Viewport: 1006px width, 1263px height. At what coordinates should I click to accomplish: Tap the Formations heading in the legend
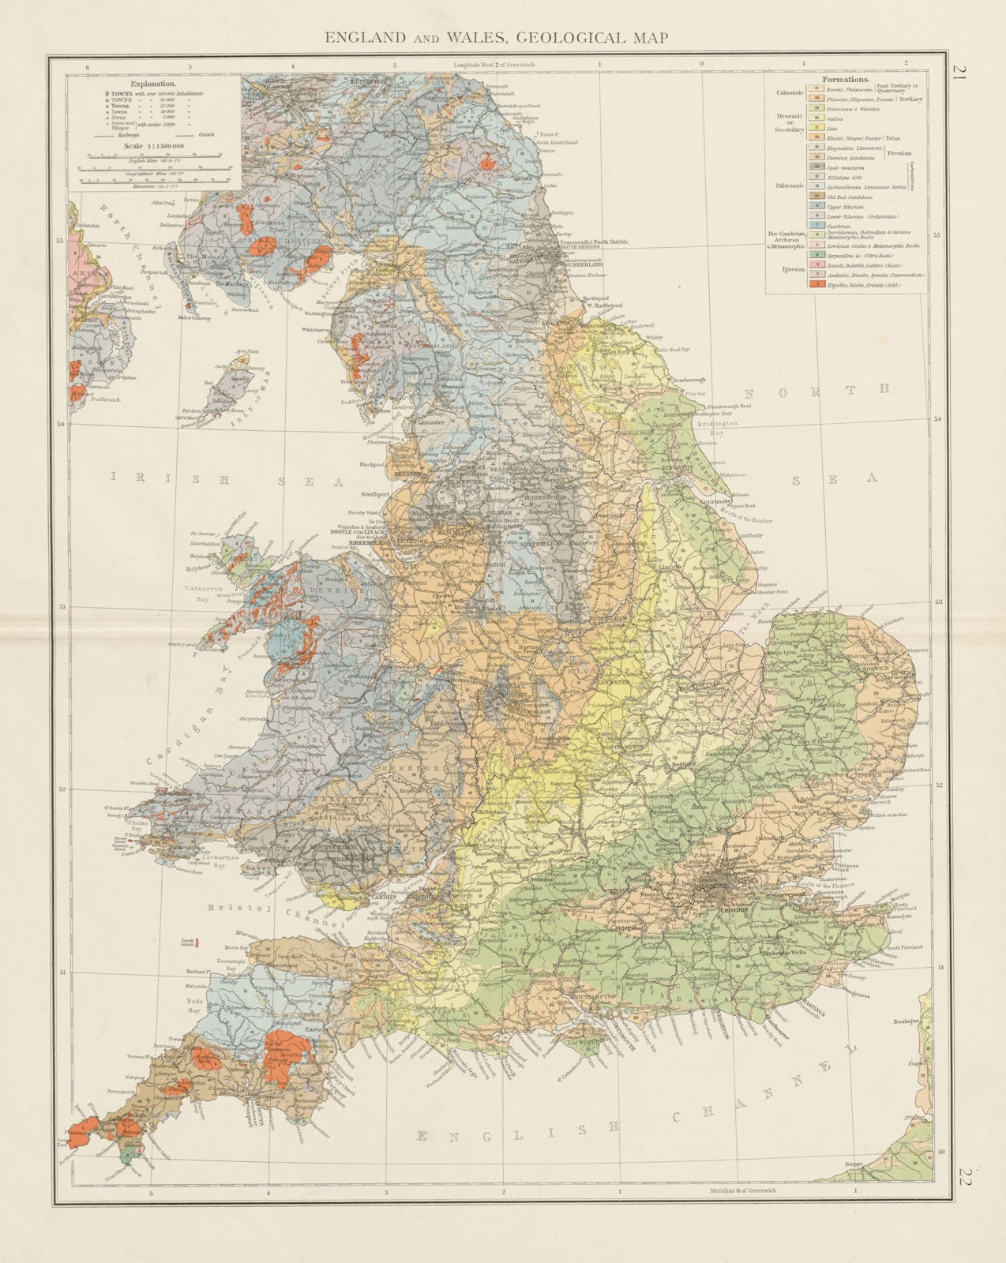(846, 79)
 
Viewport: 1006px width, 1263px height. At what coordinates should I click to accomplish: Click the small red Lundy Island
(197, 943)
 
